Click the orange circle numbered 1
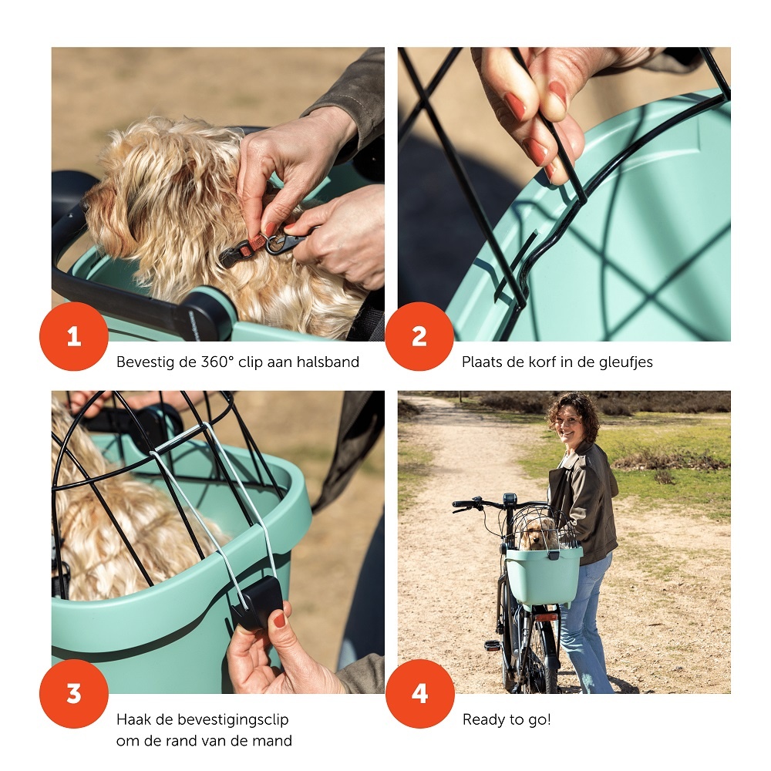(x=74, y=336)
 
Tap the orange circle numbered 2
(x=419, y=336)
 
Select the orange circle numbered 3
(x=74, y=694)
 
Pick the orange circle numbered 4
(x=420, y=694)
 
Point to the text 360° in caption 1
(x=217, y=362)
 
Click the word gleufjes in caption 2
(x=626, y=362)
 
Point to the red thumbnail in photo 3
(x=279, y=620)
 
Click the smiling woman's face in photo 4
(x=571, y=425)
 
